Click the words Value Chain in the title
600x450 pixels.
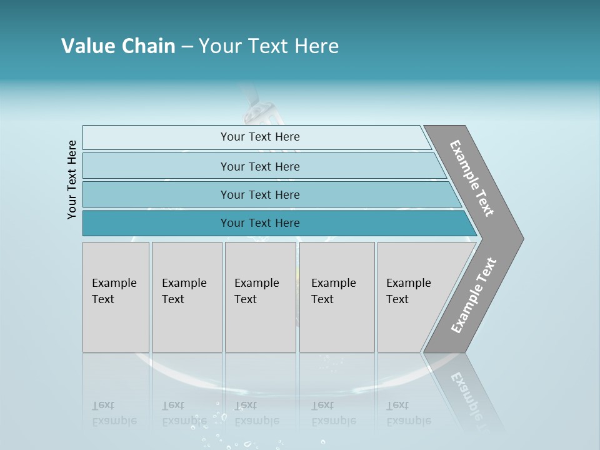click(x=118, y=46)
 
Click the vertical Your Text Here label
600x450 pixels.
click(x=72, y=179)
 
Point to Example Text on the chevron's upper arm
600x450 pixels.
click(x=472, y=178)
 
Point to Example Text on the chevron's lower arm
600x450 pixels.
click(x=473, y=296)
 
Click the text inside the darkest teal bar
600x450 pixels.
click(x=260, y=223)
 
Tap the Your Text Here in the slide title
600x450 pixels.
click(x=269, y=46)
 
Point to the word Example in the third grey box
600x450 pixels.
click(x=256, y=283)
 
